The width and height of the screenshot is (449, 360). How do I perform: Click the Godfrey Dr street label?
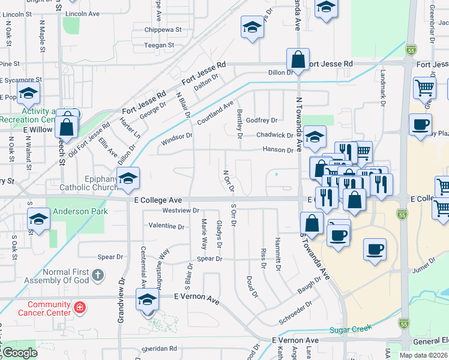[x=262, y=121]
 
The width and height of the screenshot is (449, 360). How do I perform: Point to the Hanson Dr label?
[x=277, y=149]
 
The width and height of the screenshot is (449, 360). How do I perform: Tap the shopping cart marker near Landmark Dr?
[x=424, y=88]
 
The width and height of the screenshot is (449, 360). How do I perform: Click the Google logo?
[x=20, y=353]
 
